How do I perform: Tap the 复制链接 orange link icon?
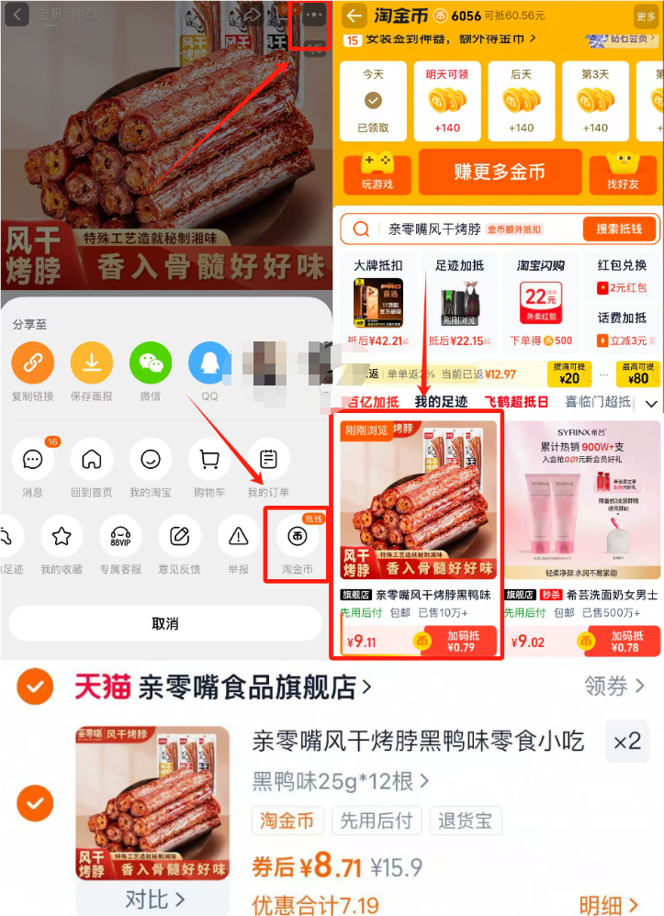33,363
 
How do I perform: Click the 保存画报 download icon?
92,363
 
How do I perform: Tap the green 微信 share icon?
151,363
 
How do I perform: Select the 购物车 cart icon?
208,459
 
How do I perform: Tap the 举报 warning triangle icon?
239,536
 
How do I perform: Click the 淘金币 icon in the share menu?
297,536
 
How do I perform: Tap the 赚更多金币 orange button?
500,172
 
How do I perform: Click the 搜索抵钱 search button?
619,229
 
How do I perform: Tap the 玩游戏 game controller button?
377,172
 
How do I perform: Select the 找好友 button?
624,172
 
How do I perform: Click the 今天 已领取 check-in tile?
373,101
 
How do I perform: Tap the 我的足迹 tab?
441,402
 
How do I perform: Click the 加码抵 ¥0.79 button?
462,641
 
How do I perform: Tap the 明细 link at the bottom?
610,905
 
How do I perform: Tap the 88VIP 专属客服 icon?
120,536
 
